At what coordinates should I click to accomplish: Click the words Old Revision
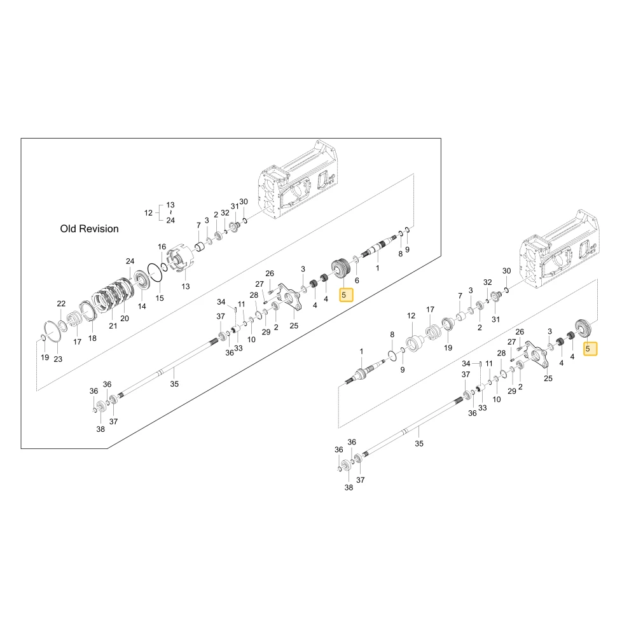pos(89,229)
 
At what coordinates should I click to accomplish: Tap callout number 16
pos(162,247)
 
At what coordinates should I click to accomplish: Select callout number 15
pos(160,298)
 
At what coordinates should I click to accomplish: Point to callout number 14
pos(142,307)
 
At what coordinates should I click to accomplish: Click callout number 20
pos(125,319)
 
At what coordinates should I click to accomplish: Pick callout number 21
pos(113,326)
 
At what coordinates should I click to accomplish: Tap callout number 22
pos(61,303)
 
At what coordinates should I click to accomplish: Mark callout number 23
pos(58,359)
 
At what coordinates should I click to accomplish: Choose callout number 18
pos(92,338)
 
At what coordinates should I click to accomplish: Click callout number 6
pos(357,280)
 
